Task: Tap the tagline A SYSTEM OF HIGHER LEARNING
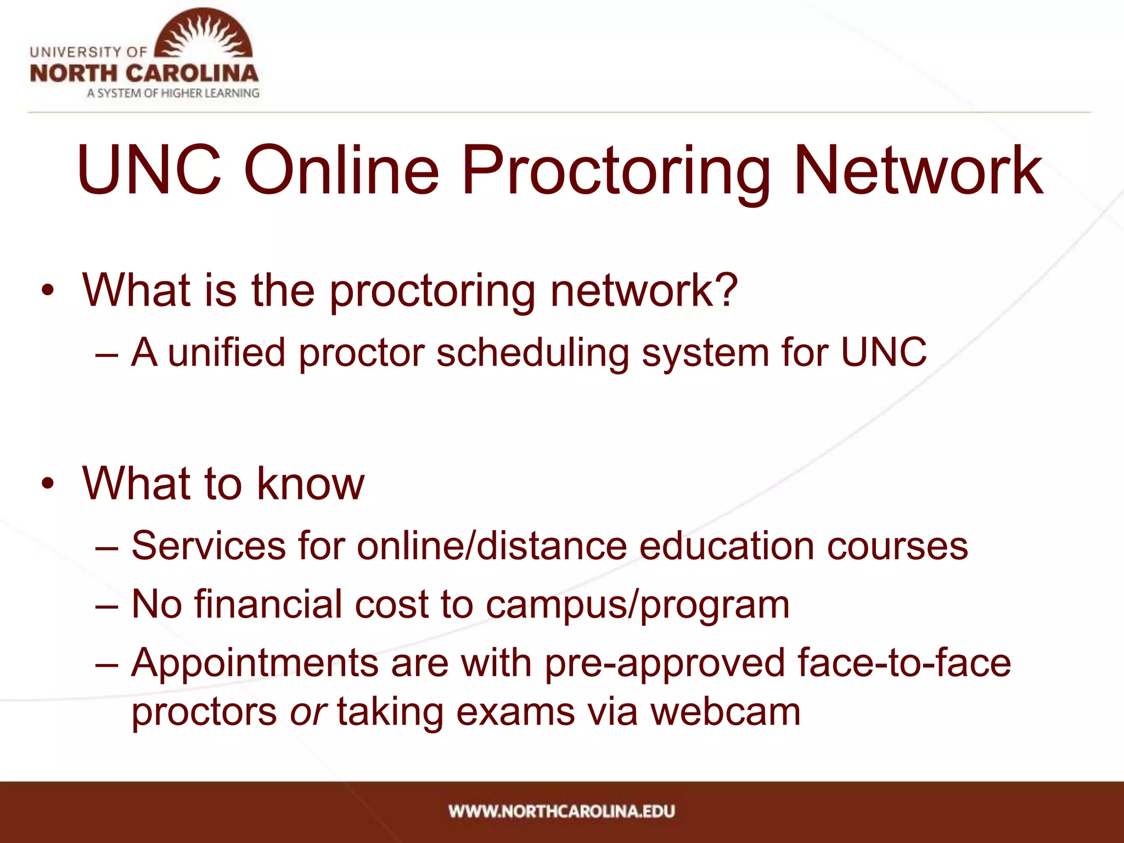tap(173, 93)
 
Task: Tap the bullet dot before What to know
tap(48, 484)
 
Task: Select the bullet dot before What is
tap(48, 290)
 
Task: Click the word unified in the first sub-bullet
tap(227, 352)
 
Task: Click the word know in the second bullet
tap(311, 483)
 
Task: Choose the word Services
tap(209, 546)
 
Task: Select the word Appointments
tap(255, 663)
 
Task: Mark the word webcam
tap(725, 712)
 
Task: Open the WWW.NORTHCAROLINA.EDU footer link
tap(561, 811)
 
